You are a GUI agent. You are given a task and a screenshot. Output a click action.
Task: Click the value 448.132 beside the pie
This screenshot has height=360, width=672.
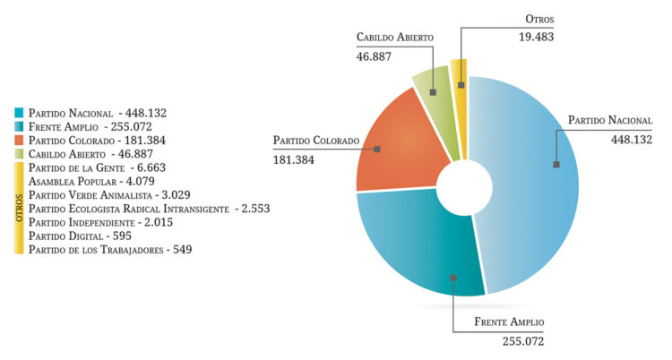point(632,139)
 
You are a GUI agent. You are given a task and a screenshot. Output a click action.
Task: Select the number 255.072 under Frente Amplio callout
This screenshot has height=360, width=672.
point(522,341)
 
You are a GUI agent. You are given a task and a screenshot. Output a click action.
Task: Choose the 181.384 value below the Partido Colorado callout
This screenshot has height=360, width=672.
point(294,159)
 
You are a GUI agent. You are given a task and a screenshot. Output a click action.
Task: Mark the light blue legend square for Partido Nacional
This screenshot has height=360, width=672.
point(19,114)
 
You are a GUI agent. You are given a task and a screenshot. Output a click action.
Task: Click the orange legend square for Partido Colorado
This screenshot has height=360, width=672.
point(19,141)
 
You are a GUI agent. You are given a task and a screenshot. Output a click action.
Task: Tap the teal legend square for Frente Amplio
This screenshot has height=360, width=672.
point(19,127)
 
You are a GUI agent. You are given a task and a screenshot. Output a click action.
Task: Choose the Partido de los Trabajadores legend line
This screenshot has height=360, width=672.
point(110,249)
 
